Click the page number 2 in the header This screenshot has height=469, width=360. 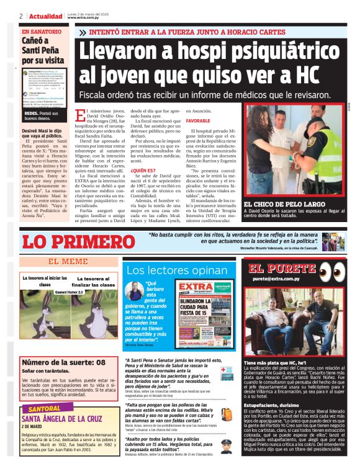coord(20,16)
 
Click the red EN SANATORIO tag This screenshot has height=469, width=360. coord(42,32)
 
